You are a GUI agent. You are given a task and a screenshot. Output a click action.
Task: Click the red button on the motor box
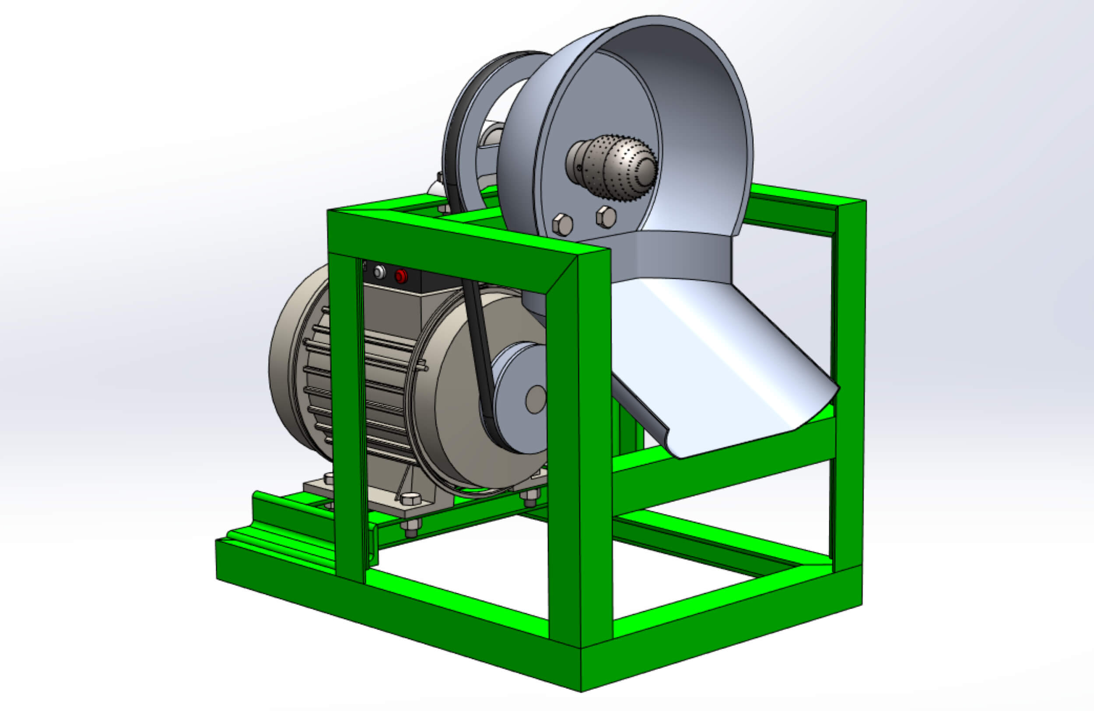[x=401, y=276]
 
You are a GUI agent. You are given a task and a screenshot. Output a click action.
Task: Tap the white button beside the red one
[x=380, y=272]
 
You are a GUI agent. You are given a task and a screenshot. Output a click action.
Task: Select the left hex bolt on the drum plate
[x=562, y=225]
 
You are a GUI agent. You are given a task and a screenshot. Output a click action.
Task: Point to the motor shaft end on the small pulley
[x=536, y=399]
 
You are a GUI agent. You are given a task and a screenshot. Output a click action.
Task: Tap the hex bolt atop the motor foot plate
[x=410, y=499]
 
